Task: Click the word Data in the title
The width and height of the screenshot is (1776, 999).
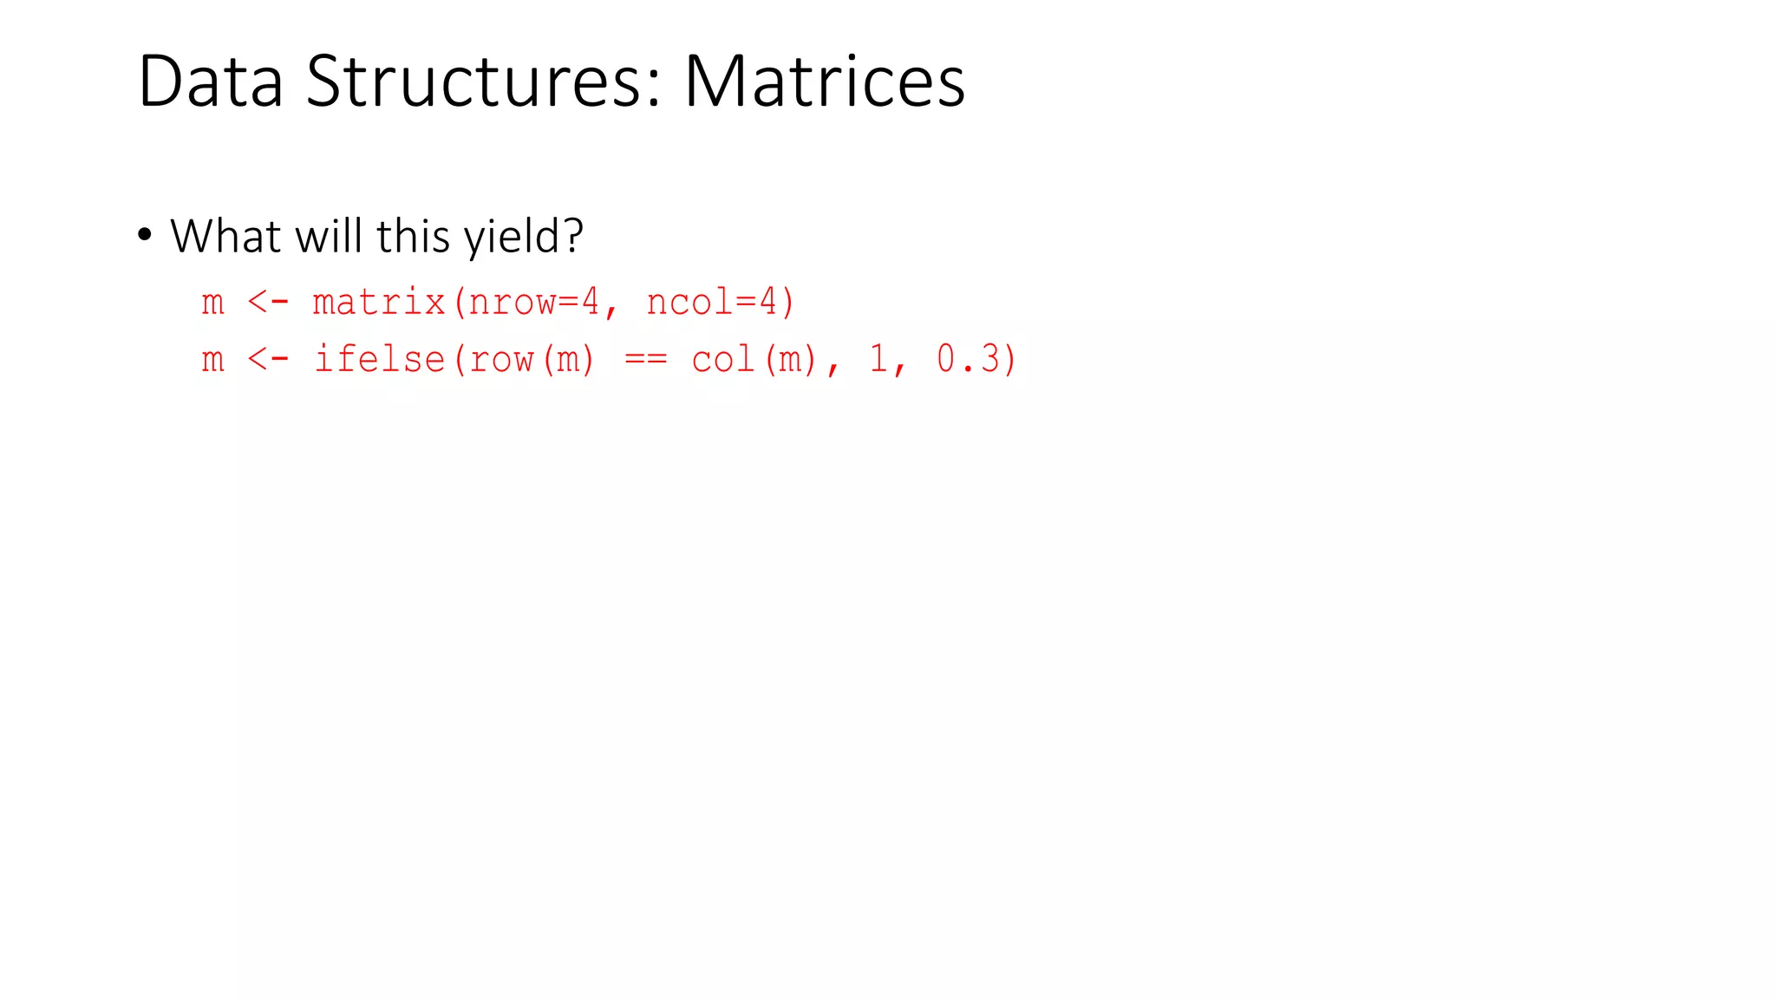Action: click(211, 82)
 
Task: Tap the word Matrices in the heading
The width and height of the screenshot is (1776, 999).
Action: click(824, 82)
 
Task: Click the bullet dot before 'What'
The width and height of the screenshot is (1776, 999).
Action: click(145, 235)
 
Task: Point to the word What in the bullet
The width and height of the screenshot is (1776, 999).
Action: click(226, 236)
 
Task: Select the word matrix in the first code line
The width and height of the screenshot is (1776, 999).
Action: click(379, 303)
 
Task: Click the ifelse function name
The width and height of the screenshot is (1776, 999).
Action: click(379, 359)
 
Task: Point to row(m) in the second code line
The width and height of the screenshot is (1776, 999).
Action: click(532, 359)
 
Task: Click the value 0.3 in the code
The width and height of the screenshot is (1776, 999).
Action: click(969, 359)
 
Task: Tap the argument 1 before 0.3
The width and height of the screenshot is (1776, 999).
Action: click(878, 359)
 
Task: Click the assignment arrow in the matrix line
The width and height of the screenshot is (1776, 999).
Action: click(268, 303)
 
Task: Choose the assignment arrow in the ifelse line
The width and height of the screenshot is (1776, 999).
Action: click(268, 359)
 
